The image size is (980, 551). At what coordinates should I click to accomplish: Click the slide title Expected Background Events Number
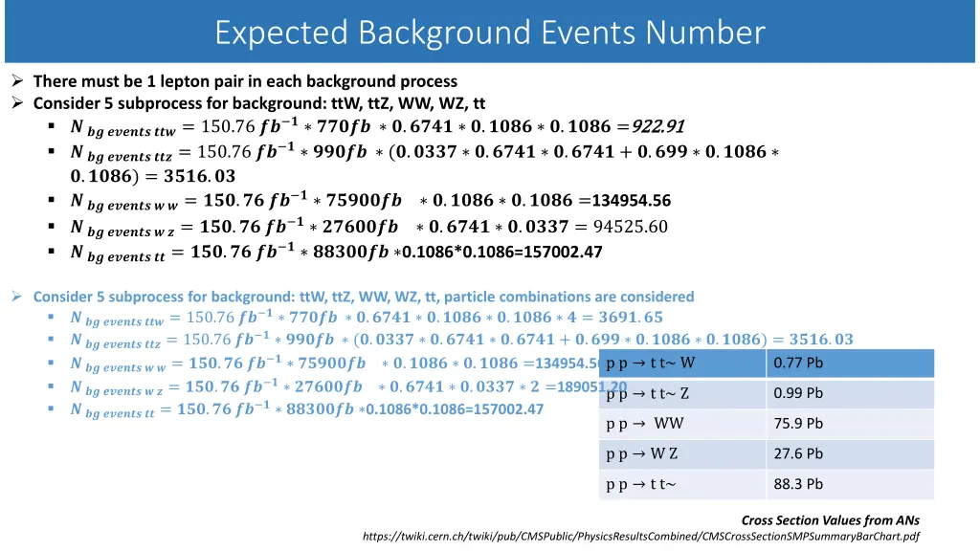coord(490,33)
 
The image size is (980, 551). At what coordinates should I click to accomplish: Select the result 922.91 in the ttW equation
coord(658,127)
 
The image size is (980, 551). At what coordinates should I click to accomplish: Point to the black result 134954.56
coord(632,201)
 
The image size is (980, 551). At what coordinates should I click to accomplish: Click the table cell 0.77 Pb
coord(798,363)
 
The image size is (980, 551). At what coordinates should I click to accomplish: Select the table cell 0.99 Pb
coord(798,393)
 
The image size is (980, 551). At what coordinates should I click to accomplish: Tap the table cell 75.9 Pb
coord(798,424)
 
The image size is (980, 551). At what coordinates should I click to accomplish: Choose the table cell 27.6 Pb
coord(798,454)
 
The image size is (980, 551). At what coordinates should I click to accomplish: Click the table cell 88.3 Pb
coord(798,484)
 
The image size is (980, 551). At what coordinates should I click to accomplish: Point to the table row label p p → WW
coord(645,424)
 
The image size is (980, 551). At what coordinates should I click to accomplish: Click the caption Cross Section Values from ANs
coord(831,520)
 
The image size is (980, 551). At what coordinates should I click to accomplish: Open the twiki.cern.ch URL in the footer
coord(640,537)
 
